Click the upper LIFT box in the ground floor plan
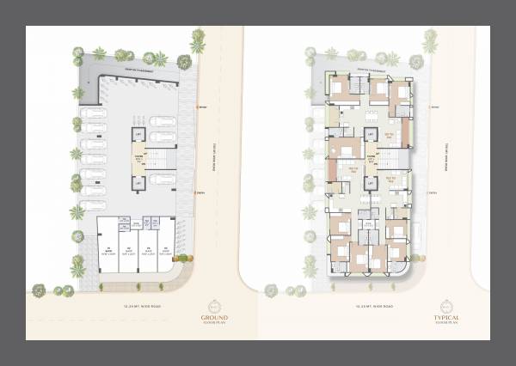click(136, 135)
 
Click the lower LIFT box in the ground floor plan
click(136, 182)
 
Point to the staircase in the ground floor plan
click(155, 158)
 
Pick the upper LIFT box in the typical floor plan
click(371, 135)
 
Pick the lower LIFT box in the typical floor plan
click(371, 182)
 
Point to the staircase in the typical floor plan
click(390, 158)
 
